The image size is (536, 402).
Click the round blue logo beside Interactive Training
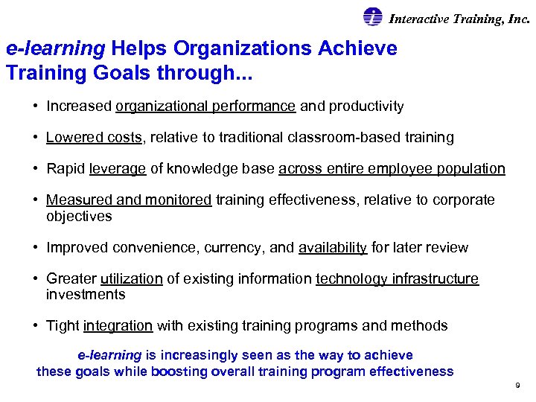click(x=372, y=17)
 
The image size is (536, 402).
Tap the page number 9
click(x=517, y=386)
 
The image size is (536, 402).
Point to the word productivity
click(x=367, y=106)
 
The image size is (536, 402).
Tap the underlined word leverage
click(x=118, y=168)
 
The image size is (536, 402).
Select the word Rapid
click(x=66, y=168)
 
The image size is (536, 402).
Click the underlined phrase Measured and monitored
click(x=129, y=200)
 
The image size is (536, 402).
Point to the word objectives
click(x=79, y=216)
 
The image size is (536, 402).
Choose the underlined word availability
click(x=333, y=247)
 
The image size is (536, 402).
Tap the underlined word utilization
click(x=131, y=278)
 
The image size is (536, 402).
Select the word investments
click(x=86, y=294)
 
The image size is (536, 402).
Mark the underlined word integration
click(x=118, y=325)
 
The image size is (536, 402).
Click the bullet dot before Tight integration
click(x=36, y=325)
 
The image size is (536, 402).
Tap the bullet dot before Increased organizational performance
click(x=36, y=106)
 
